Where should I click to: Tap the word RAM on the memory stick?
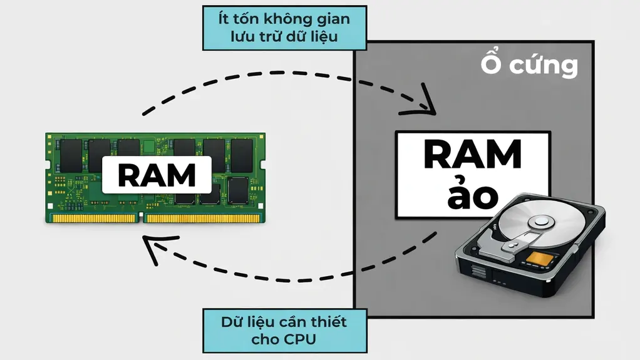click(x=157, y=175)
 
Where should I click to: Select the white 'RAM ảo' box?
click(x=473, y=175)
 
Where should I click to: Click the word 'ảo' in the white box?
click(x=473, y=196)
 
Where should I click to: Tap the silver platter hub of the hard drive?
click(x=539, y=221)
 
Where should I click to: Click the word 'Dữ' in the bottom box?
click(x=233, y=323)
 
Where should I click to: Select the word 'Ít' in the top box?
click(x=224, y=19)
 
